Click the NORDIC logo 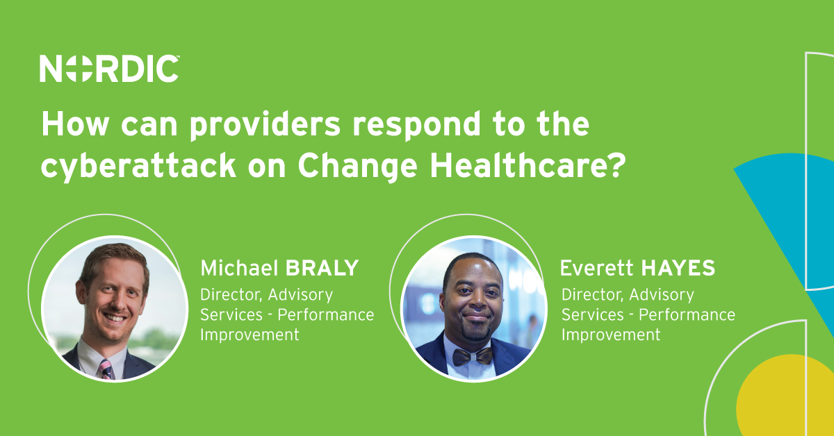110,69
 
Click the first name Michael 238,268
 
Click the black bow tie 473,356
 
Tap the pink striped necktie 106,367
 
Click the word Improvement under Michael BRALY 250,335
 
